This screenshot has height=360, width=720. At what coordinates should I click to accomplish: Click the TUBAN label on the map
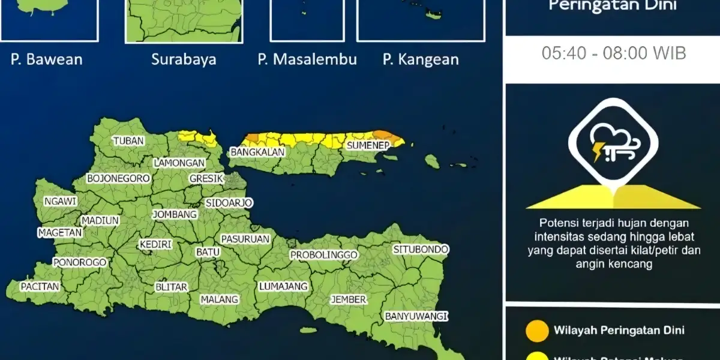pyautogui.click(x=129, y=141)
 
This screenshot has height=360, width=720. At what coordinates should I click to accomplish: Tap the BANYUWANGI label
pyautogui.click(x=417, y=316)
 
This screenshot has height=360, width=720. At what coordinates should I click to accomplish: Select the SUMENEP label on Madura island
pyautogui.click(x=368, y=145)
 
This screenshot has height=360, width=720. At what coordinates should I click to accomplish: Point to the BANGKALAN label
pyautogui.click(x=257, y=152)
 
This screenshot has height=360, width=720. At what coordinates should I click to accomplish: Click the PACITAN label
pyautogui.click(x=40, y=287)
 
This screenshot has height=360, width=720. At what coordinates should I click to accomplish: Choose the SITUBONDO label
pyautogui.click(x=421, y=249)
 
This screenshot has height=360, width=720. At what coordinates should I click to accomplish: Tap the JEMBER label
pyautogui.click(x=349, y=299)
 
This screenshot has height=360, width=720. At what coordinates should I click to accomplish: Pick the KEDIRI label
pyautogui.click(x=155, y=245)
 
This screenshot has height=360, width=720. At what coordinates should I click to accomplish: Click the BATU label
pyautogui.click(x=208, y=253)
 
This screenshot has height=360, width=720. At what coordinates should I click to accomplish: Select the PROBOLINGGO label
pyautogui.click(x=324, y=255)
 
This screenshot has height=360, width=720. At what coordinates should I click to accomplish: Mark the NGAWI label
pyautogui.click(x=60, y=202)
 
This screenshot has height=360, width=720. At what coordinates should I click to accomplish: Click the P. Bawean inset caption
pyautogui.click(x=46, y=59)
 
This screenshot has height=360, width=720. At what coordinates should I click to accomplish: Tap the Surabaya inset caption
pyautogui.click(x=184, y=59)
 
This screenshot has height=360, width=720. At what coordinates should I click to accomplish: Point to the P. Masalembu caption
pyautogui.click(x=307, y=59)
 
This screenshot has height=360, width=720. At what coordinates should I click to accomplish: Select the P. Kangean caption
pyautogui.click(x=421, y=59)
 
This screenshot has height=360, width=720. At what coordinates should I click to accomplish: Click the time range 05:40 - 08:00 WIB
pyautogui.click(x=614, y=53)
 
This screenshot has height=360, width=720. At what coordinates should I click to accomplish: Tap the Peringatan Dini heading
pyautogui.click(x=613, y=7)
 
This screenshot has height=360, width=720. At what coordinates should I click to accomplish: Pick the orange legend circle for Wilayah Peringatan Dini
pyautogui.click(x=536, y=331)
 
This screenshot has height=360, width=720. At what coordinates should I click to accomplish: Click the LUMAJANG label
pyautogui.click(x=283, y=287)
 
